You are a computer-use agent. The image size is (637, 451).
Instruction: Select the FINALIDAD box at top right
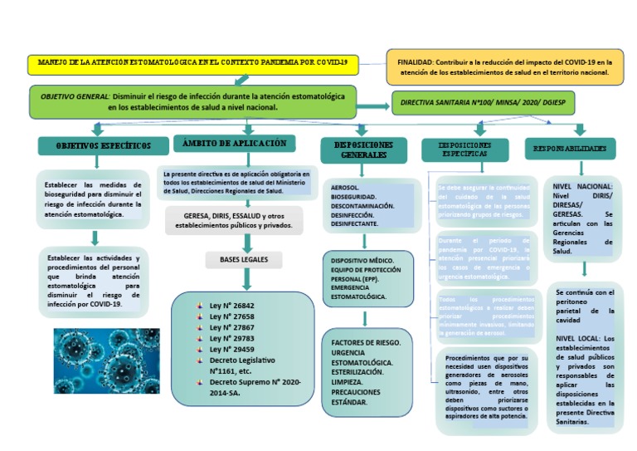[x=504, y=67]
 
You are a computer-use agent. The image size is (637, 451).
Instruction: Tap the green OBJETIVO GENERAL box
[x=193, y=101]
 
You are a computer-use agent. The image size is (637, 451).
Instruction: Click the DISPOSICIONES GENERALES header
[x=363, y=150]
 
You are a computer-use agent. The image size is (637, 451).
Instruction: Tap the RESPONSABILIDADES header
[x=570, y=149]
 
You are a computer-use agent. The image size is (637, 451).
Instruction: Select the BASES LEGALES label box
[x=244, y=260]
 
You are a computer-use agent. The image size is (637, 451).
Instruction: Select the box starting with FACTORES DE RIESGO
[x=366, y=371]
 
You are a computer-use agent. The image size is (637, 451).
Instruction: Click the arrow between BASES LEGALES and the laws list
[x=246, y=281]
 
